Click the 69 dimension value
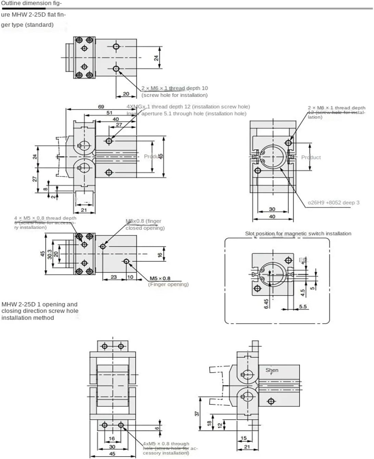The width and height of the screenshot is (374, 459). pos(101,107)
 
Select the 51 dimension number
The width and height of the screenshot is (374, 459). pos(109,113)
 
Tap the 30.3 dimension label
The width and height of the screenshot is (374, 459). pos(50,254)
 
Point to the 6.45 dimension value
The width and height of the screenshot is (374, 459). pos(266,303)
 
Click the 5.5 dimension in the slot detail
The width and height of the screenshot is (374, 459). pos(303,307)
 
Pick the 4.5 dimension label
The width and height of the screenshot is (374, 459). pos(302,293)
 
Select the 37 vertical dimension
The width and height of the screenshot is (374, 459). pos(197,413)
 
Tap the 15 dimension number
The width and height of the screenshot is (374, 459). pos(244,438)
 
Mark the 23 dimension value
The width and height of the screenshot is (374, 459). pos(114,277)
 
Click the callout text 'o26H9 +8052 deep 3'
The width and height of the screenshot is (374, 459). pos(334,202)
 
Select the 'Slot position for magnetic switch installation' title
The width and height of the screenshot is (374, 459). pos(298,233)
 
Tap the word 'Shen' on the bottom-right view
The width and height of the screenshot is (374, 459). pos(272,370)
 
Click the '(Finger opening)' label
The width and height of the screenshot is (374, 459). pos(168,284)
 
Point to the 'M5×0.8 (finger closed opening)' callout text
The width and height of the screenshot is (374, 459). pos(145,225)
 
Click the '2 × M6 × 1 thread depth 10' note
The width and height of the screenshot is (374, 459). pos(175,88)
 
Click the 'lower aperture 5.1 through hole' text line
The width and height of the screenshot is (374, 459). pos(186,113)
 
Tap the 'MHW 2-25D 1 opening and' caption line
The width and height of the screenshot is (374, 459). pos(39,304)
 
